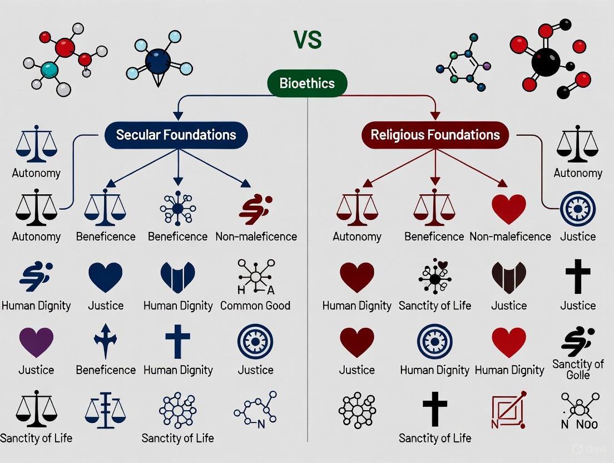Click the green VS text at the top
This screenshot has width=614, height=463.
307,41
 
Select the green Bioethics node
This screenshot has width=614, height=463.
307,83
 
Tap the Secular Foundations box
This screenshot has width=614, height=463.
176,135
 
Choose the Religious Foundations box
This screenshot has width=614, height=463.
435,135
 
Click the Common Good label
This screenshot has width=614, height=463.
255,306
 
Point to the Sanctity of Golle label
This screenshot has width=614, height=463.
578,370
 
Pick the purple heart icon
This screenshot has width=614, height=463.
36,342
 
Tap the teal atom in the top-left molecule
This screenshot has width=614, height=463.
49,70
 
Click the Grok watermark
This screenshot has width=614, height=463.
591,449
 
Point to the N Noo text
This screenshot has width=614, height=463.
579,425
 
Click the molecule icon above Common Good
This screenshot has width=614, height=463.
255,277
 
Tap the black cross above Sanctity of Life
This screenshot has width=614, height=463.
435,409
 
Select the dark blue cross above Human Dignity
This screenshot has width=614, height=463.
178,341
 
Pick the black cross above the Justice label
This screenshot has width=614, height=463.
578,277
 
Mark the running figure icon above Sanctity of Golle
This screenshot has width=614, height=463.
578,341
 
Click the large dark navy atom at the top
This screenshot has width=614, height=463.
158,61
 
